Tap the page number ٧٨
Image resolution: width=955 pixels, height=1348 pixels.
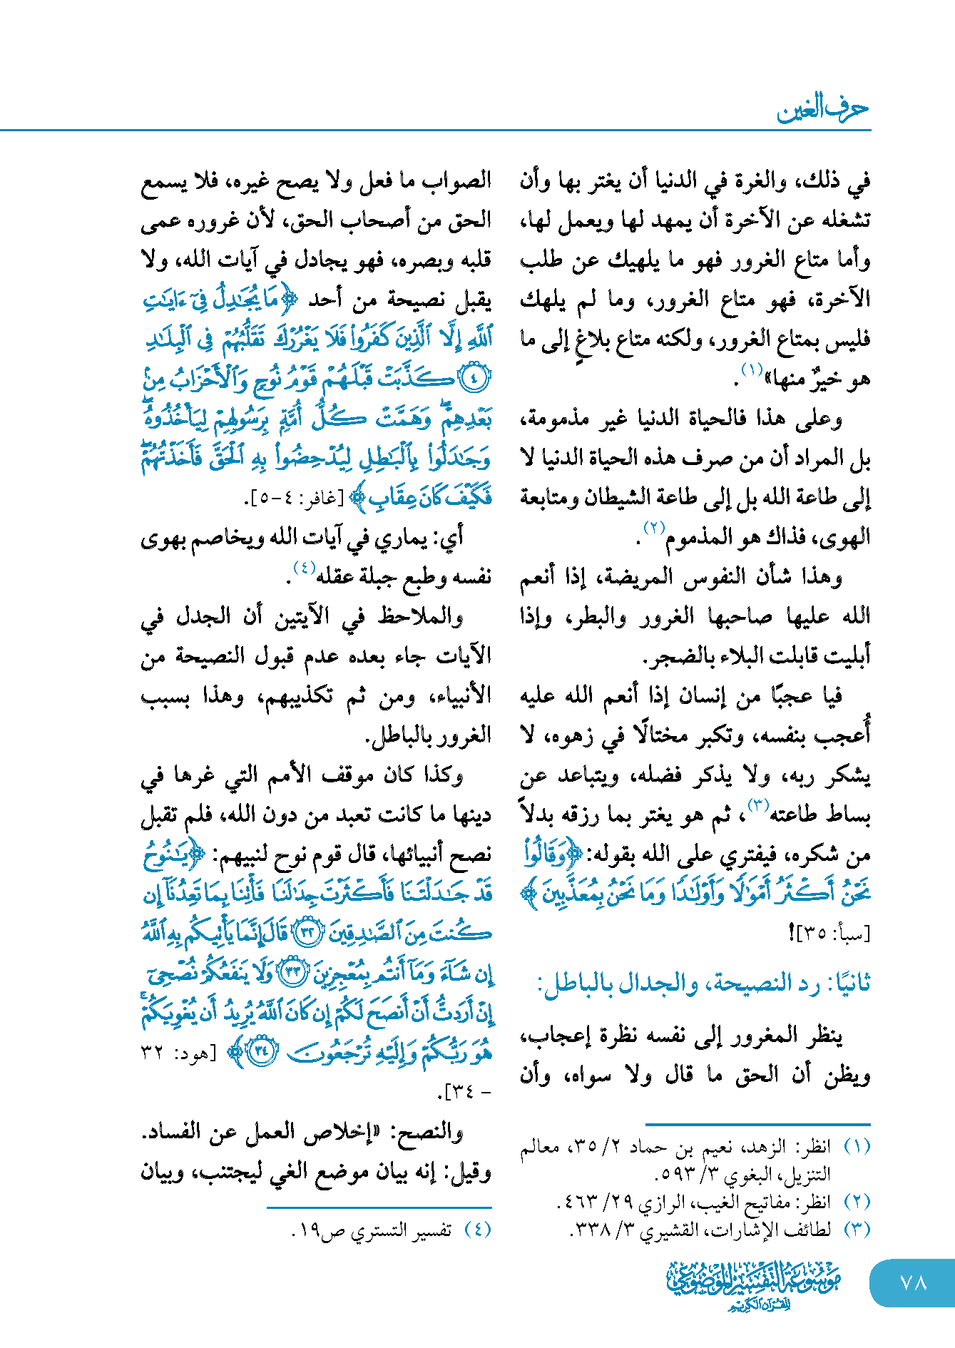tap(913, 1282)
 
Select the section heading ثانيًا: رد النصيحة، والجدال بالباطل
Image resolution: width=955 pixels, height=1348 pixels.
tap(703, 984)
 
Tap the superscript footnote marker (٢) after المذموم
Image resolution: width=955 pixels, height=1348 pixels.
tap(654, 529)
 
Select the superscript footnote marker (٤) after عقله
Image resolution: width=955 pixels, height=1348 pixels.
tap(304, 568)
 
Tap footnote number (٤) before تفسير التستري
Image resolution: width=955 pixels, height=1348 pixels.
tap(477, 1230)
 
